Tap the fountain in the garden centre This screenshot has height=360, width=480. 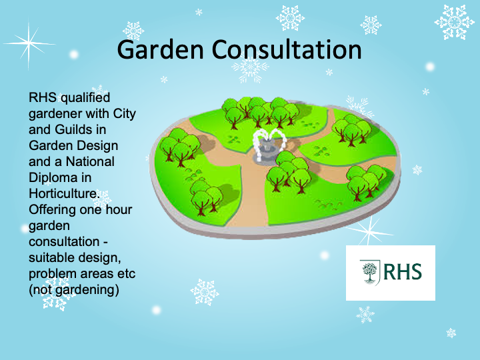pyautogui.click(x=266, y=148)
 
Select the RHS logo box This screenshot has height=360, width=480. pyautogui.click(x=390, y=273)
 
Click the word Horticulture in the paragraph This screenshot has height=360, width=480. pyautogui.click(x=63, y=193)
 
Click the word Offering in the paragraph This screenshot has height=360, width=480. pyautogui.click(x=51, y=209)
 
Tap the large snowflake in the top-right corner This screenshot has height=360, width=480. pyautogui.click(x=455, y=21)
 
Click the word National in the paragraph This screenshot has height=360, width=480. pyautogui.click(x=90, y=161)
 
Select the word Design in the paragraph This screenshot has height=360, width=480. pyautogui.click(x=97, y=145)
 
